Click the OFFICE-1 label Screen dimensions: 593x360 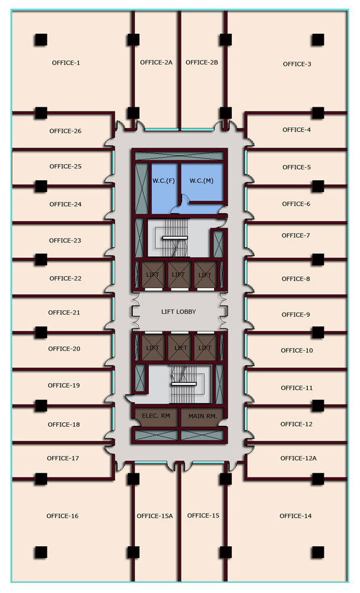pos(65,63)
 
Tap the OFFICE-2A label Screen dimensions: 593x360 pos(156,62)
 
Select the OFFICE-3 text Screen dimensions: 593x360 pos(297,64)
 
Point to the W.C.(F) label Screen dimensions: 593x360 pos(164,180)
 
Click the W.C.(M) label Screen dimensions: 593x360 pos(202,180)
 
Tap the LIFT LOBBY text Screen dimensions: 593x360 pos(179,311)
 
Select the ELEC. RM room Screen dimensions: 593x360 pos(156,416)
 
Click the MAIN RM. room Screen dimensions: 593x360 pos(202,416)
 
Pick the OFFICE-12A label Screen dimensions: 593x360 pos(299,458)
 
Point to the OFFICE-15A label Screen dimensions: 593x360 pos(154,516)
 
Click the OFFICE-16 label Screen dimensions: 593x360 pos(62,516)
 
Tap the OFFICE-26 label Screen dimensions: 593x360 pos(65,131)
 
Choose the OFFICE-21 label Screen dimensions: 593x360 pos(63,313)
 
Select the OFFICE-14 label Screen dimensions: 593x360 pos(295,516)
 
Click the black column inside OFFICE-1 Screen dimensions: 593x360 pos(40,40)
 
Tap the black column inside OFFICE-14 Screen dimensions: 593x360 pos(318,552)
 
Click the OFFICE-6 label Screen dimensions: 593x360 pos(296,204)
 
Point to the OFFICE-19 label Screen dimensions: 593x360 pos(63,385)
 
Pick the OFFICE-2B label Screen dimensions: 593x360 pos(202,62)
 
